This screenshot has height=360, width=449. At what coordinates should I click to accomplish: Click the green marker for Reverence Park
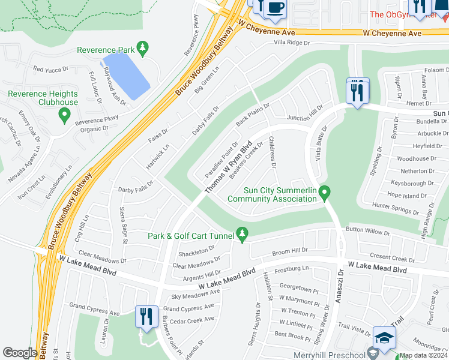(142, 47)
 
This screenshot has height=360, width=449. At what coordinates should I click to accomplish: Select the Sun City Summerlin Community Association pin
(325, 193)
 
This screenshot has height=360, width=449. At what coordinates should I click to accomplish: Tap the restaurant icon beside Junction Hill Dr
(358, 92)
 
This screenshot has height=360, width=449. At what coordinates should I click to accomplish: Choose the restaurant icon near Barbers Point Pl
(146, 316)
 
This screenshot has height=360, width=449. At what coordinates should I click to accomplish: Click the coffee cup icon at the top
(276, 7)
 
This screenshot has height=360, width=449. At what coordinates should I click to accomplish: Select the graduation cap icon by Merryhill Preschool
(384, 338)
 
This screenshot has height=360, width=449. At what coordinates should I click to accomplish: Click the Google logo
(20, 353)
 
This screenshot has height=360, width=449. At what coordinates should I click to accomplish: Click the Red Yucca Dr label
(51, 70)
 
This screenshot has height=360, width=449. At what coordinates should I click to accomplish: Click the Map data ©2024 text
(423, 355)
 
